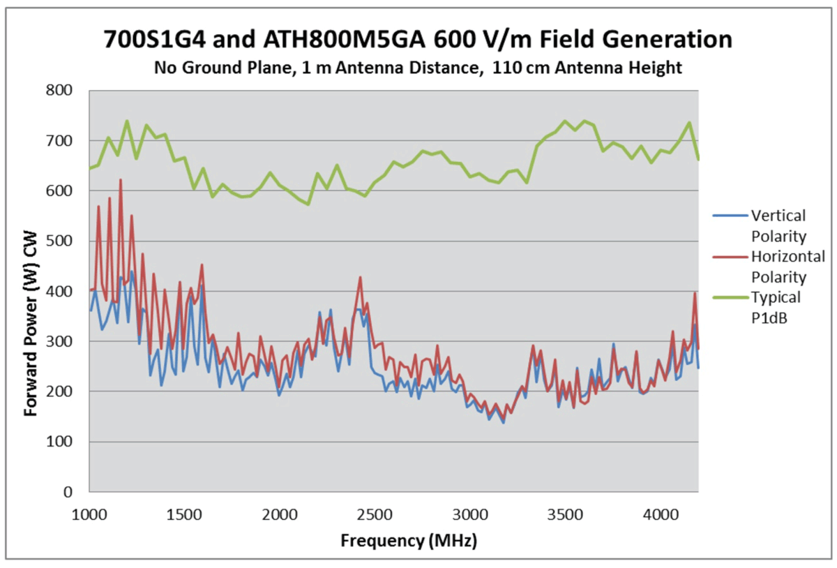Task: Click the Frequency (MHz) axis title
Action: pyautogui.click(x=409, y=541)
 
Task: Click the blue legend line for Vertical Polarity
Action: pyautogui.click(x=729, y=216)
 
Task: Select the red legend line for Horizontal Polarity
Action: pyautogui.click(x=729, y=257)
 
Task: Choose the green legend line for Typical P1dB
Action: pyautogui.click(x=729, y=298)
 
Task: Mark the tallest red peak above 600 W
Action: pyautogui.click(x=121, y=180)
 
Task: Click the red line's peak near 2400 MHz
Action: pyautogui.click(x=360, y=277)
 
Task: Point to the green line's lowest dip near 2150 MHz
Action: pyautogui.click(x=308, y=204)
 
